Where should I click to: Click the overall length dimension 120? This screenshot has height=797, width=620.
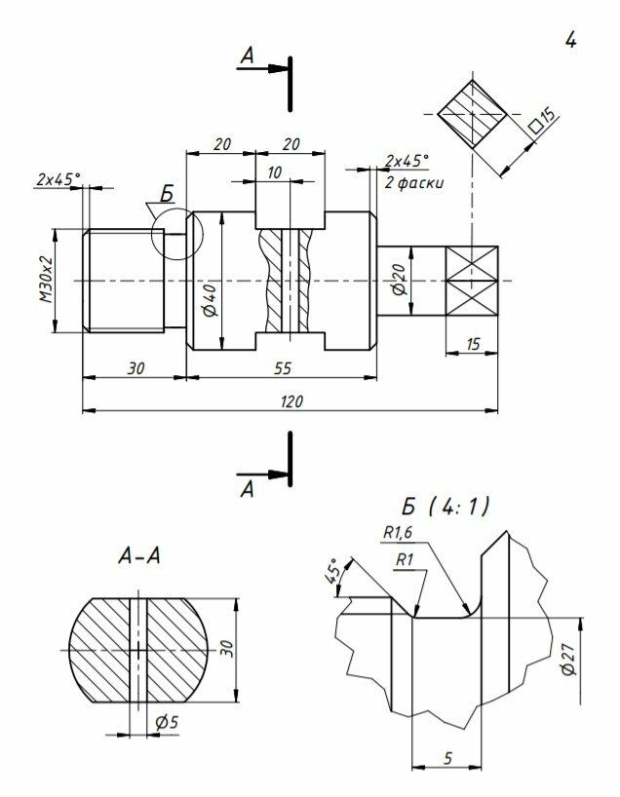point(291,401)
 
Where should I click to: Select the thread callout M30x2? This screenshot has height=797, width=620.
point(47,280)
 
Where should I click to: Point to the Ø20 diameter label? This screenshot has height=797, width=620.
point(400,279)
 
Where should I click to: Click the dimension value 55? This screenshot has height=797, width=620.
point(283,368)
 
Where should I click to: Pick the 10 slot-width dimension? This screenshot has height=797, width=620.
point(274,172)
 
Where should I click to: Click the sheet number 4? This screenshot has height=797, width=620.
point(570,40)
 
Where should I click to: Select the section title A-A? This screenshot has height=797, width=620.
point(138,555)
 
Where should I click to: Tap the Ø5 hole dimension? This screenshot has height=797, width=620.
point(167,722)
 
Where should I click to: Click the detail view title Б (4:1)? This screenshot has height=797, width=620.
point(446,507)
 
